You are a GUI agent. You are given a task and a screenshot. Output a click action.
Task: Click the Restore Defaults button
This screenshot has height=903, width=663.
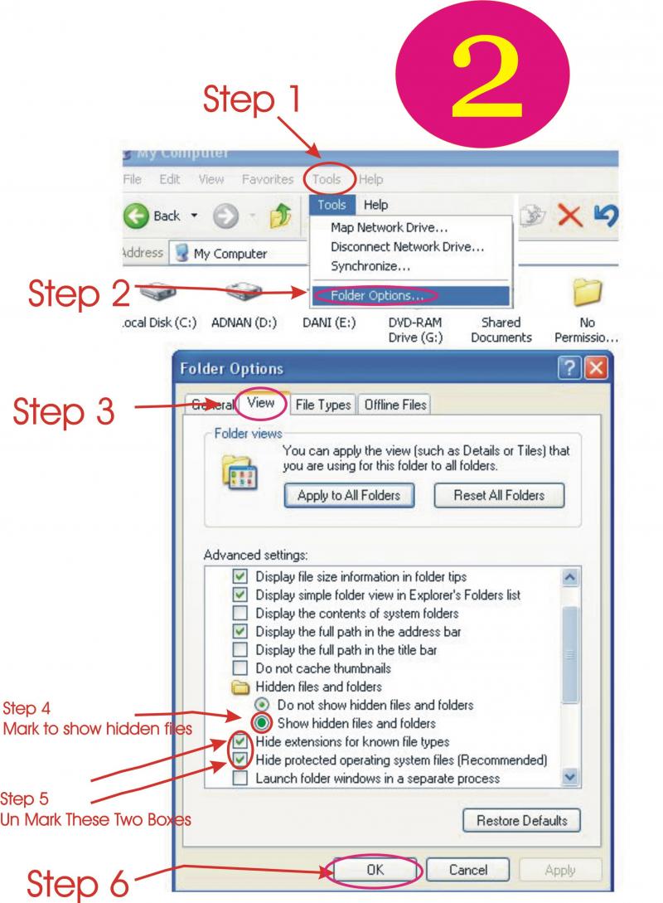coord(521,821)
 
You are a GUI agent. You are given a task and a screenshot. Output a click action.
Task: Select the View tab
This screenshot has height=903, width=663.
coord(261,404)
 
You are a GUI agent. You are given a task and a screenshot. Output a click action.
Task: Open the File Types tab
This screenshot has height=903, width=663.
coord(322,405)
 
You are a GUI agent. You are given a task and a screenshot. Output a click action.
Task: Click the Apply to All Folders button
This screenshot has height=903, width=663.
coord(348,496)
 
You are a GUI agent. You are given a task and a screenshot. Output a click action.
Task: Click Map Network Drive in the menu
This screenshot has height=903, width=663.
coord(389,227)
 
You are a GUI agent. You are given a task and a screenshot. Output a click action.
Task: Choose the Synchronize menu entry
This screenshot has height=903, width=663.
coord(370,267)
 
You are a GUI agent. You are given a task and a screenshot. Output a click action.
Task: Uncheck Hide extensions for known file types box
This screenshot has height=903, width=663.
coord(240,741)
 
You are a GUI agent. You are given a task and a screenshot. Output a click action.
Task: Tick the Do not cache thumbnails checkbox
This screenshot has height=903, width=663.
coord(240,668)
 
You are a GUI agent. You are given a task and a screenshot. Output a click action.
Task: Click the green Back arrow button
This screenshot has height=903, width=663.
coord(137,216)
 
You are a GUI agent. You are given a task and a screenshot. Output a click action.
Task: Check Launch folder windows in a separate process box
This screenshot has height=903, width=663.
coord(240,779)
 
